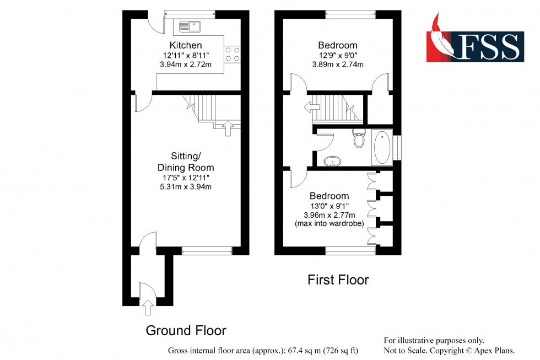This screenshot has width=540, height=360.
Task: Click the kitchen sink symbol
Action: pos(190,25)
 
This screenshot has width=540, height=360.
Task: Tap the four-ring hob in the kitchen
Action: pos(232,53)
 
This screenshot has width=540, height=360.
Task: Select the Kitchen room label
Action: pos(186,45)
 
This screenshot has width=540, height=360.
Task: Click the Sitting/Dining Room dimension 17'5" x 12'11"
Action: pos(186,178)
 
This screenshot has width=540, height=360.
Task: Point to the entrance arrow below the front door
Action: pos(147,308)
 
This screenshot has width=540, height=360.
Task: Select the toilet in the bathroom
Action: pos(359,139)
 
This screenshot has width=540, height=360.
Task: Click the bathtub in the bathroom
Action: pos(382,148)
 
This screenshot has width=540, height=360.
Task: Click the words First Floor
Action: pos(338,280)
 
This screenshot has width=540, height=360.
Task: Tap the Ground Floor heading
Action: pos(186,330)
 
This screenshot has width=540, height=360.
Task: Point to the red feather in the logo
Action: pos(441,36)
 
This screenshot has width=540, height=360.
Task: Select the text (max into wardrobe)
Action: pos(329,223)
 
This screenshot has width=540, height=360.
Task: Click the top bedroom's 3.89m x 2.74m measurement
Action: pos(337,65)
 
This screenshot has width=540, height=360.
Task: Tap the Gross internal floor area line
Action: pos(263,351)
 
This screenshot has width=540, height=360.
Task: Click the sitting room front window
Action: pos(207,250)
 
